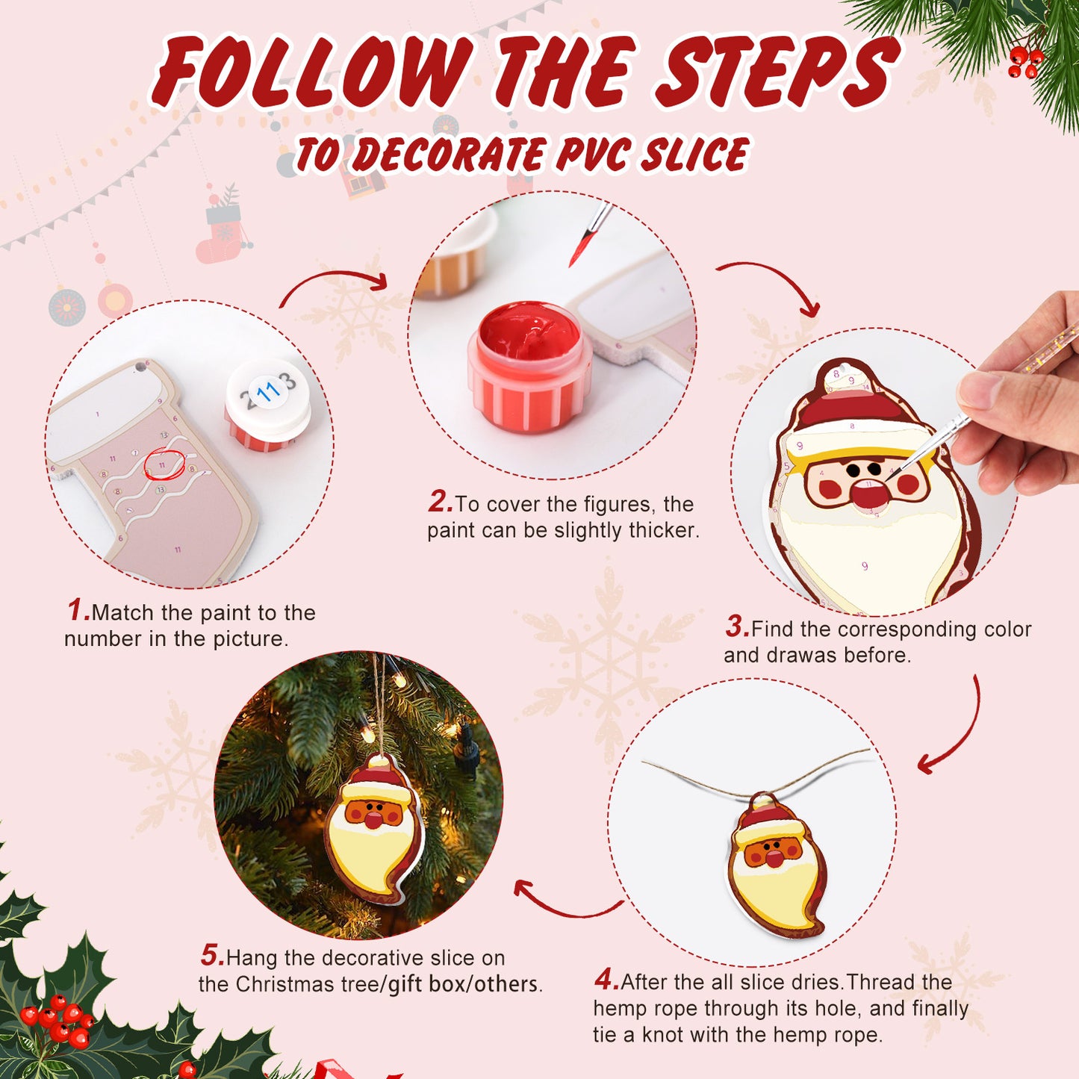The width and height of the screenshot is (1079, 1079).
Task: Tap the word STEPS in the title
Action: [777, 72]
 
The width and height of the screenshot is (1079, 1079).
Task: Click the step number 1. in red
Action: [78, 611]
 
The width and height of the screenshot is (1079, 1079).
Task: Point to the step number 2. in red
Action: [440, 502]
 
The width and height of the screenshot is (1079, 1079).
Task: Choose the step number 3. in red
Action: [736, 627]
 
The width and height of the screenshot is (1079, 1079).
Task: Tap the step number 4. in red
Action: [606, 980]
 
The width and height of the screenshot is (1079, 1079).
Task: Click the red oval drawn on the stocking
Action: [164, 465]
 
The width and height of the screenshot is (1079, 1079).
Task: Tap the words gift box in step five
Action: [426, 984]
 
